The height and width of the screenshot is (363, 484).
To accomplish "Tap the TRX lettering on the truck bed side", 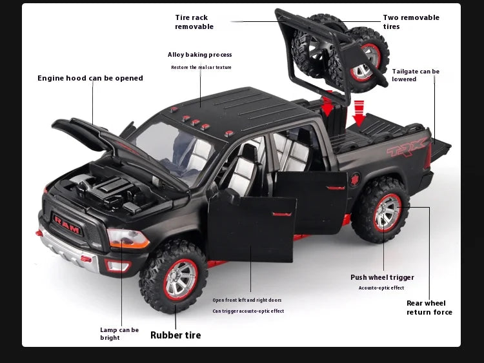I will tap(407, 150).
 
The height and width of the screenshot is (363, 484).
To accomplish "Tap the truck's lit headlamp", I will tap(128, 239).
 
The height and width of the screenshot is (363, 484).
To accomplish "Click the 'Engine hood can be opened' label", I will tap(90, 79).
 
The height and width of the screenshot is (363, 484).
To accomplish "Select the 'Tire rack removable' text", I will tap(194, 22).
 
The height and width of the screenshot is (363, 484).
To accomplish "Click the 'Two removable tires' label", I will tap(411, 22).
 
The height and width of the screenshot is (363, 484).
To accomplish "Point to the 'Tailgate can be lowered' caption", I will tap(416, 75).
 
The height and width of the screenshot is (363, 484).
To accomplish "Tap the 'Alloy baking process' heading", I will tap(199, 55).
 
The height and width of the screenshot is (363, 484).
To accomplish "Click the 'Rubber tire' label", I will tap(176, 335).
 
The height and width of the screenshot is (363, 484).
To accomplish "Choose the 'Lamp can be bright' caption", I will tap(119, 333).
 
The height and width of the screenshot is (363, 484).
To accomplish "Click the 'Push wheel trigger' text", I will tap(382, 278).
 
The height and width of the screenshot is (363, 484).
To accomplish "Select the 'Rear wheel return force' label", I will tap(429, 308).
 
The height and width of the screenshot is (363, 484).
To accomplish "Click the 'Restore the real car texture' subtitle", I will tap(201, 68).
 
